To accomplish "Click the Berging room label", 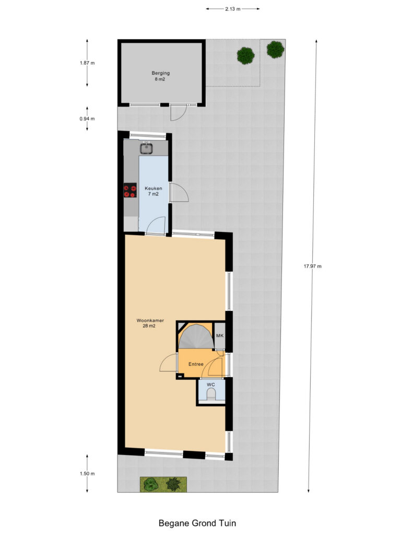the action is pos(161,73).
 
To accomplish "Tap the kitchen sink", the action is pos(147,148).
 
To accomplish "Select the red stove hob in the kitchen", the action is pos(130,190).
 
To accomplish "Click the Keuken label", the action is pos(154,188).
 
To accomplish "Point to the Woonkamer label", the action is pos(150,320).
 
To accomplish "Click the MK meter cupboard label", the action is pos(220,336).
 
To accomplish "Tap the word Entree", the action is pos(196,364).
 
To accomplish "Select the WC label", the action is pos(211,385).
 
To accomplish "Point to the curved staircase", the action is pos(196,337).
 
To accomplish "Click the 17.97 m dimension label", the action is pos(313,266).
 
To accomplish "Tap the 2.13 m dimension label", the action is pos(232,9).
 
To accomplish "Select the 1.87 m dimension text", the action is pos(87,63).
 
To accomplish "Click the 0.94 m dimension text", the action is pos(87,119).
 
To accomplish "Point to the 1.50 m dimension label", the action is pos(87,473).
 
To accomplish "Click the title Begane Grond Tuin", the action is pos(197,523).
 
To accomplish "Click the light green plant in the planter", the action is pos(150,484).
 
